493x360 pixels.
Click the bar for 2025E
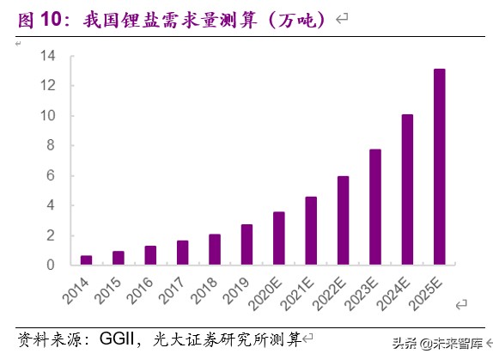click(439, 167)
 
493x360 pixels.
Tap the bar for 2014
click(86, 260)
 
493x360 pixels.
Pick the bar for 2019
click(246, 244)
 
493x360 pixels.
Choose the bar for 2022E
click(343, 220)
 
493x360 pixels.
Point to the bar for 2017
click(182, 253)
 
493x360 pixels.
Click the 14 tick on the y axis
click(48, 56)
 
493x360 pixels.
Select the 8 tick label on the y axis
click(52, 146)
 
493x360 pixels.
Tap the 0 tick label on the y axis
click(52, 265)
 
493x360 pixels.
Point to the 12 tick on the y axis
click(48, 86)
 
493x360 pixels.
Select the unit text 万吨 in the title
click(294, 19)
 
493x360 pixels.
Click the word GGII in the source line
click(123, 338)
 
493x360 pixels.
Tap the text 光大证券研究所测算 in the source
click(226, 338)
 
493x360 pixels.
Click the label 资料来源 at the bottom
click(47, 338)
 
